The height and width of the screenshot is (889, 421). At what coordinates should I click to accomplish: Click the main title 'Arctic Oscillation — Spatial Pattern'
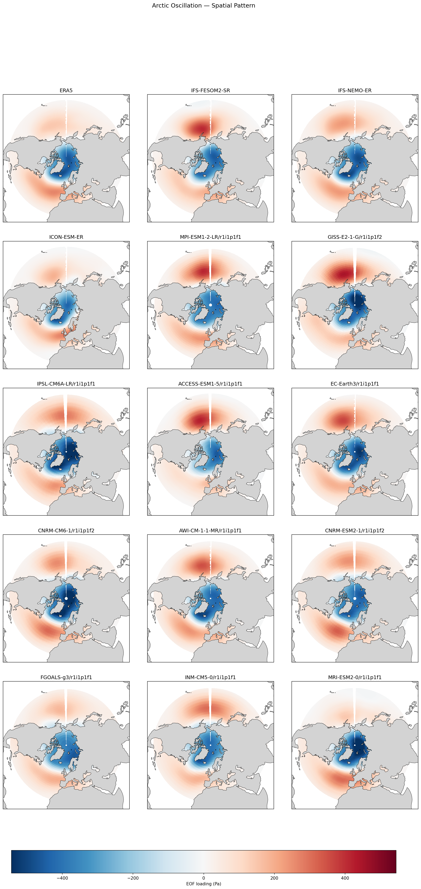(204, 5)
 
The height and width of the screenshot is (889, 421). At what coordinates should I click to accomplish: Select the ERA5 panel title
(66, 90)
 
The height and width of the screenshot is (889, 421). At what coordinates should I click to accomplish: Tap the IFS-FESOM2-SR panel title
(210, 90)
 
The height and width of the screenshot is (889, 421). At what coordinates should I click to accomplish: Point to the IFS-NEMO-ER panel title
(355, 90)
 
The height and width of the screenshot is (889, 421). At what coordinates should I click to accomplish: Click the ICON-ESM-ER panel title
(66, 237)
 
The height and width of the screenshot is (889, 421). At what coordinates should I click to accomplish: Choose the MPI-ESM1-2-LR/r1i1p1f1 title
(210, 237)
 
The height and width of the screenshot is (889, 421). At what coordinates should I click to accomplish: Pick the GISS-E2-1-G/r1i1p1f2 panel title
(355, 237)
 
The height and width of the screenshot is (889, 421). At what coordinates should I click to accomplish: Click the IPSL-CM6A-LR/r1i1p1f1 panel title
(66, 384)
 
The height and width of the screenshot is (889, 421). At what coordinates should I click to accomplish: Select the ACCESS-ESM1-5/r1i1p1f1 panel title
(210, 384)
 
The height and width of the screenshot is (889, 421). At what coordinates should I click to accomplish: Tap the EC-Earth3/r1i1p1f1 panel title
(355, 384)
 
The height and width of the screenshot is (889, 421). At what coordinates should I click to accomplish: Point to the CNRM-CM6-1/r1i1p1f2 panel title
(66, 531)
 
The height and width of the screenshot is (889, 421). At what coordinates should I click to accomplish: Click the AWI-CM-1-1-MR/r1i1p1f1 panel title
(210, 531)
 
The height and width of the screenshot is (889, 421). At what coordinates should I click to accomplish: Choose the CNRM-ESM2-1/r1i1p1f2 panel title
(355, 531)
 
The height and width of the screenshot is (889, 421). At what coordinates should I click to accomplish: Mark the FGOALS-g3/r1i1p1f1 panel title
(66, 677)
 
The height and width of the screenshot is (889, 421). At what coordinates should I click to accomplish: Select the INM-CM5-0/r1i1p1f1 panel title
(210, 677)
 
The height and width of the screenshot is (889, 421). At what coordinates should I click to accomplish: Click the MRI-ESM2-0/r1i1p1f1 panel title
(355, 677)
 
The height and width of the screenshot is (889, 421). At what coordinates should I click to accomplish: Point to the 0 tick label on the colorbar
(204, 878)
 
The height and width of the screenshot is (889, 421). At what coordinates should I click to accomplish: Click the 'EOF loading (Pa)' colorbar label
(204, 884)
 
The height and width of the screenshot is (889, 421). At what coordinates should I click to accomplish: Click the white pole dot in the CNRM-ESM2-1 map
(355, 599)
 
